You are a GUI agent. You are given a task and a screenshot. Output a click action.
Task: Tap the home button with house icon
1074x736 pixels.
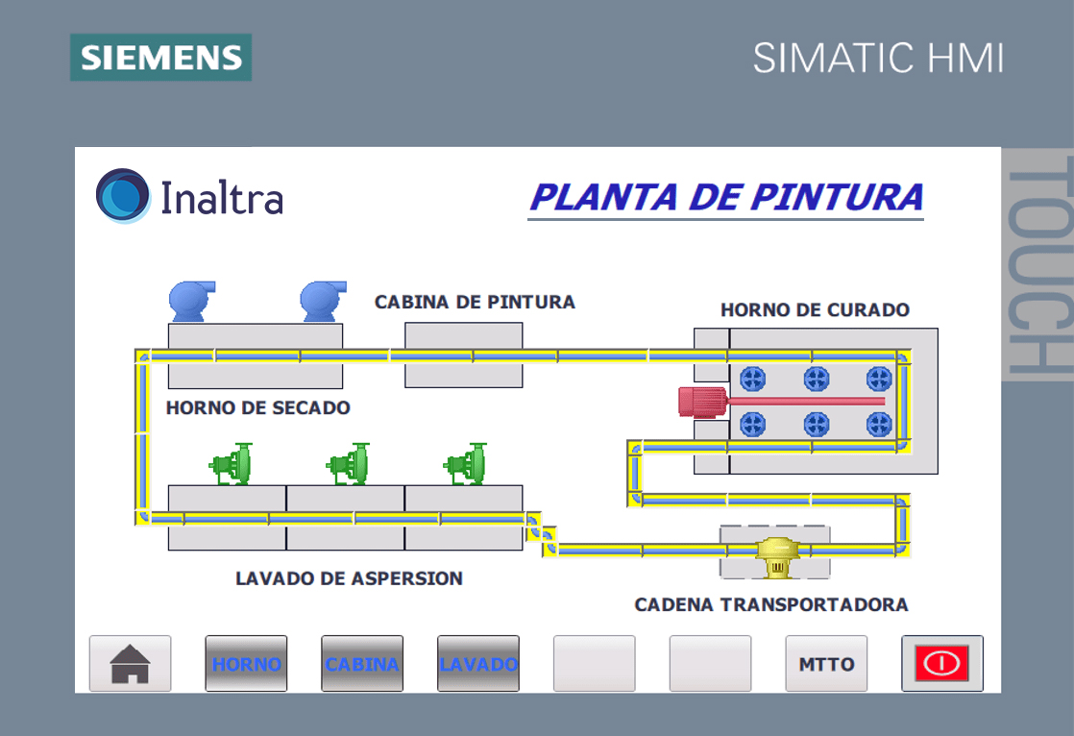pyautogui.click(x=130, y=663)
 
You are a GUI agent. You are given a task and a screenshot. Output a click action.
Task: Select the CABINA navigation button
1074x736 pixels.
pyautogui.click(x=362, y=663)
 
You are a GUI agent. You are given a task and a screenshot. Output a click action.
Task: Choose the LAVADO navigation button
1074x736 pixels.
pyautogui.click(x=478, y=663)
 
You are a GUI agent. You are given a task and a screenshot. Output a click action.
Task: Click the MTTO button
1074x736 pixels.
pyautogui.click(x=826, y=663)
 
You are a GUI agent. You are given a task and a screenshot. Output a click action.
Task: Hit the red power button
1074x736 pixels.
pyautogui.click(x=942, y=663)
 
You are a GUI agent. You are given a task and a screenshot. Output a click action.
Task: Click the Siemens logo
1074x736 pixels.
pyautogui.click(x=161, y=58)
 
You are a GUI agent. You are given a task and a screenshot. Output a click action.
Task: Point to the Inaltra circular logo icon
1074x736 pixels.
pyautogui.click(x=123, y=196)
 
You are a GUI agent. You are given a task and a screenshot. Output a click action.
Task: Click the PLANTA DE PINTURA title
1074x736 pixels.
pyautogui.click(x=726, y=197)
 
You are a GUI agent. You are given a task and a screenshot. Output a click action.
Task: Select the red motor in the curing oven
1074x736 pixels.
pyautogui.click(x=703, y=403)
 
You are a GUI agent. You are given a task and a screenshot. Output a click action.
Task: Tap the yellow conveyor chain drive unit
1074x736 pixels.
pyautogui.click(x=777, y=556)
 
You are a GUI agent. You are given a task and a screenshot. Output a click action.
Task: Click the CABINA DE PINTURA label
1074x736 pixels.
pyautogui.click(x=475, y=303)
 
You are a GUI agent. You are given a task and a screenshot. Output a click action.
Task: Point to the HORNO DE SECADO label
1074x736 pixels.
pyautogui.click(x=258, y=407)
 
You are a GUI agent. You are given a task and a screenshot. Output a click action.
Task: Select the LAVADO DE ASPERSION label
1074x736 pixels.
pyautogui.click(x=350, y=578)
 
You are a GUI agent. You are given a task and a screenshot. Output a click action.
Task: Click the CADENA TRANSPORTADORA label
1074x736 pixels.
pyautogui.click(x=771, y=604)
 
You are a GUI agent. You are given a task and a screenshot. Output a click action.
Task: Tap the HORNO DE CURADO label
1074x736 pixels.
pyautogui.click(x=815, y=309)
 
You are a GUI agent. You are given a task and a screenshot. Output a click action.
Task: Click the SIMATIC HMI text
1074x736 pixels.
pyautogui.click(x=878, y=59)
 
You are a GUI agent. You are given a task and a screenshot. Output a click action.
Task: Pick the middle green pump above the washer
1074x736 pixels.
pyautogui.click(x=349, y=464)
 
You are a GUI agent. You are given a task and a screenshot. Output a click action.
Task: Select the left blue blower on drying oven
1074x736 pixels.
pyautogui.click(x=192, y=301)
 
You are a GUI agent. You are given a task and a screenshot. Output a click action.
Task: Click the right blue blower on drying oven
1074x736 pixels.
pyautogui.click(x=323, y=301)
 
